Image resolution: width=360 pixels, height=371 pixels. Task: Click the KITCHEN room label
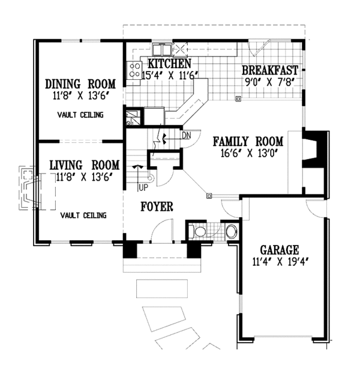click(x=169, y=64)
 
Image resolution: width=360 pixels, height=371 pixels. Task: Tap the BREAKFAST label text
click(x=270, y=70)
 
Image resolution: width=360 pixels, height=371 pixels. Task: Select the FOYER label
click(x=157, y=207)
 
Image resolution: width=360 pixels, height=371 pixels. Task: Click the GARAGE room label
click(x=280, y=250)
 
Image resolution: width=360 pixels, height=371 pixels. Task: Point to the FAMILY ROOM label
click(x=248, y=142)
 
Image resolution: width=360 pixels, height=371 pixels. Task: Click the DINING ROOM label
click(x=80, y=84)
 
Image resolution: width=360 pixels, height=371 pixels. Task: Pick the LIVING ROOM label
click(x=85, y=165)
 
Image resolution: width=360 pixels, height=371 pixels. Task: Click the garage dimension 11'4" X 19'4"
click(x=281, y=262)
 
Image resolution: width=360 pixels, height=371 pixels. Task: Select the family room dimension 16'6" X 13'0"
click(x=249, y=153)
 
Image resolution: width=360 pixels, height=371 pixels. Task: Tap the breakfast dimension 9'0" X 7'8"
click(x=269, y=82)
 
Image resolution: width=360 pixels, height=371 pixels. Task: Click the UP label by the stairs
click(x=143, y=188)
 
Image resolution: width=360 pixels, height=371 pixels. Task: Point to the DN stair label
click(x=187, y=136)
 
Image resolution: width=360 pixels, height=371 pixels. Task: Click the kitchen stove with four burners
click(x=134, y=70)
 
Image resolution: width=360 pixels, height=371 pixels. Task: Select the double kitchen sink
click(x=162, y=49)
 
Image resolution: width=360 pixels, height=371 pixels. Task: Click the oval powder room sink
click(x=231, y=231)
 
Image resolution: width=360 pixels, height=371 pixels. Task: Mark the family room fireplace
click(x=315, y=149)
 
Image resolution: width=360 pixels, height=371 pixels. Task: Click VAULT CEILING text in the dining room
click(x=80, y=115)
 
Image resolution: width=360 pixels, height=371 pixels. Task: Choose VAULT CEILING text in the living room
click(x=83, y=216)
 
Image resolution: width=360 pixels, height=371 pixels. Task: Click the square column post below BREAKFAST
click(x=238, y=98)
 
